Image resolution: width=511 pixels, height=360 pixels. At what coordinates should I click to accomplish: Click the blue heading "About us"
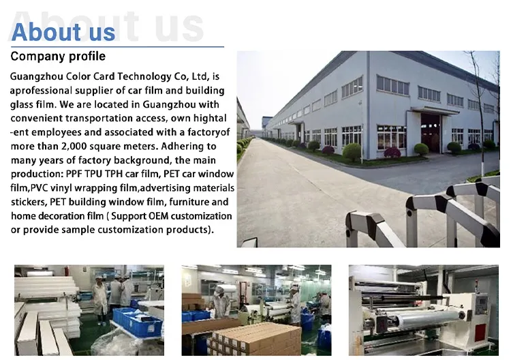coord(63,32)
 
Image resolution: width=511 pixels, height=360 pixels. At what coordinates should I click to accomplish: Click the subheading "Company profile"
coord(58,56)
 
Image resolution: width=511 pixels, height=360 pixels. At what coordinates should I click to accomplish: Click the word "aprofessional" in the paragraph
coord(41,91)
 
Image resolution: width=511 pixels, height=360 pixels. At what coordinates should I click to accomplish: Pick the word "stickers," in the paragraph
coord(29,202)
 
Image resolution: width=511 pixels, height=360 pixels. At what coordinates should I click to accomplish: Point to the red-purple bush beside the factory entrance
coord(392,153)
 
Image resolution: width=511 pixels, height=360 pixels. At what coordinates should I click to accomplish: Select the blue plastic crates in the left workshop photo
coord(137,320)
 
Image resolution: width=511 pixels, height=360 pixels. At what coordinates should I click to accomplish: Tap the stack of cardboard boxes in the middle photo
coord(255,338)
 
